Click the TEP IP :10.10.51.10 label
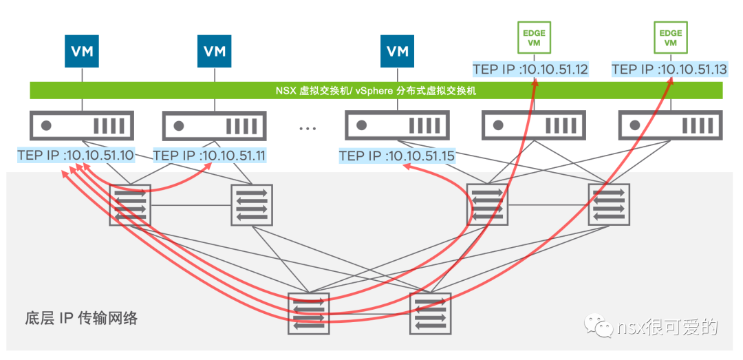76,155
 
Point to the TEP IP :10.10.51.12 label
530,70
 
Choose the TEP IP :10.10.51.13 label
669,70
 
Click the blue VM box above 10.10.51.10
82,51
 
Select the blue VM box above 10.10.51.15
397,51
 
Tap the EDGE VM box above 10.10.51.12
534,37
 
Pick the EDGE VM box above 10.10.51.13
671,37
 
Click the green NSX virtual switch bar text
376,91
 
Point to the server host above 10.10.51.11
215,125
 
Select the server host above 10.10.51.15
397,125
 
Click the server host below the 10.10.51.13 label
671,125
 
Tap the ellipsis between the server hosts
308,129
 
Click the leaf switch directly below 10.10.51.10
130,205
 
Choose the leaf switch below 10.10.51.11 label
252,205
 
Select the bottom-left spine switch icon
308,313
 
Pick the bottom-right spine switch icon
430,313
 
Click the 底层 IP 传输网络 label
80,319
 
